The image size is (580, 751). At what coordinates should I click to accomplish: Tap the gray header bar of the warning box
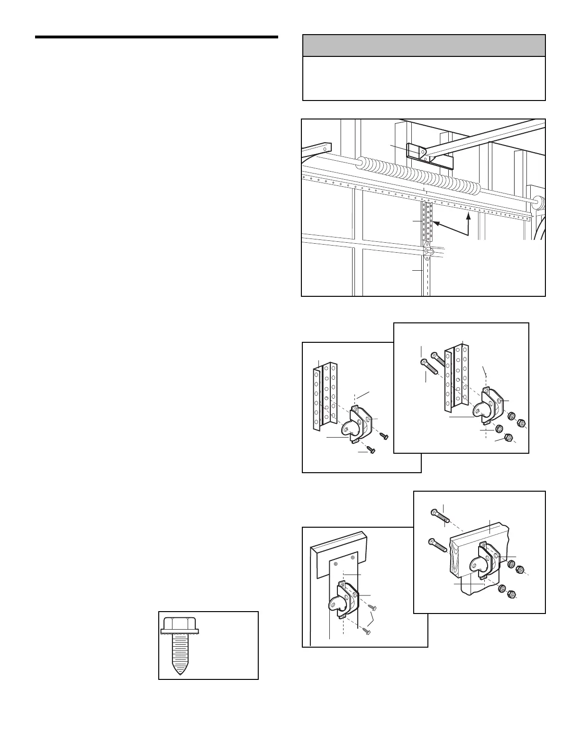coord(424,46)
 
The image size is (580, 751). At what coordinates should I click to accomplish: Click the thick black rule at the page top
coord(156,37)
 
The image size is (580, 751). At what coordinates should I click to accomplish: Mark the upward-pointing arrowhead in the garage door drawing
coord(468,216)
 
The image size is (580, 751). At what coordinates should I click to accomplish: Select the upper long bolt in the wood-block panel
coord(438,516)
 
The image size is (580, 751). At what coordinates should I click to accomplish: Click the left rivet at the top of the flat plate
coord(336,564)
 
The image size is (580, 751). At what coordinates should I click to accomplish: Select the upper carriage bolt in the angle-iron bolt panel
coord(438,359)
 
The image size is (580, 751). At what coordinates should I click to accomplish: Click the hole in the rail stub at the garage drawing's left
coord(325,148)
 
